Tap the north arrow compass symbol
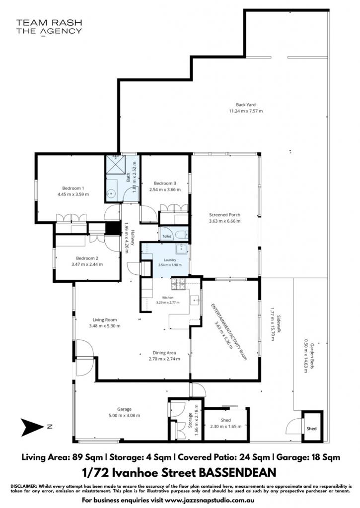pos(32,427)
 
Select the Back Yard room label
pos(245,105)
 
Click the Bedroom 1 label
pos(73,188)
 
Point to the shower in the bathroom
pos(114,165)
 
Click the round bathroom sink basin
pos(111,193)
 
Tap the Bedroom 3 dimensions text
pos(165,190)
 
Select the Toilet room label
pos(167,237)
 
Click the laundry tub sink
pos(181,249)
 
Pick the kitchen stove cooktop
pos(178,284)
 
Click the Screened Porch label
pos(224,214)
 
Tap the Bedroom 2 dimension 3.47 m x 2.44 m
pos(87,264)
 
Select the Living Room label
pos(104,320)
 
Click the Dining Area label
pos(164,353)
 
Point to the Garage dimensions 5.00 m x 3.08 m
pos(124,415)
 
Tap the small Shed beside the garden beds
pos(312,426)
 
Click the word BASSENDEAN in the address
pos(237,472)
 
